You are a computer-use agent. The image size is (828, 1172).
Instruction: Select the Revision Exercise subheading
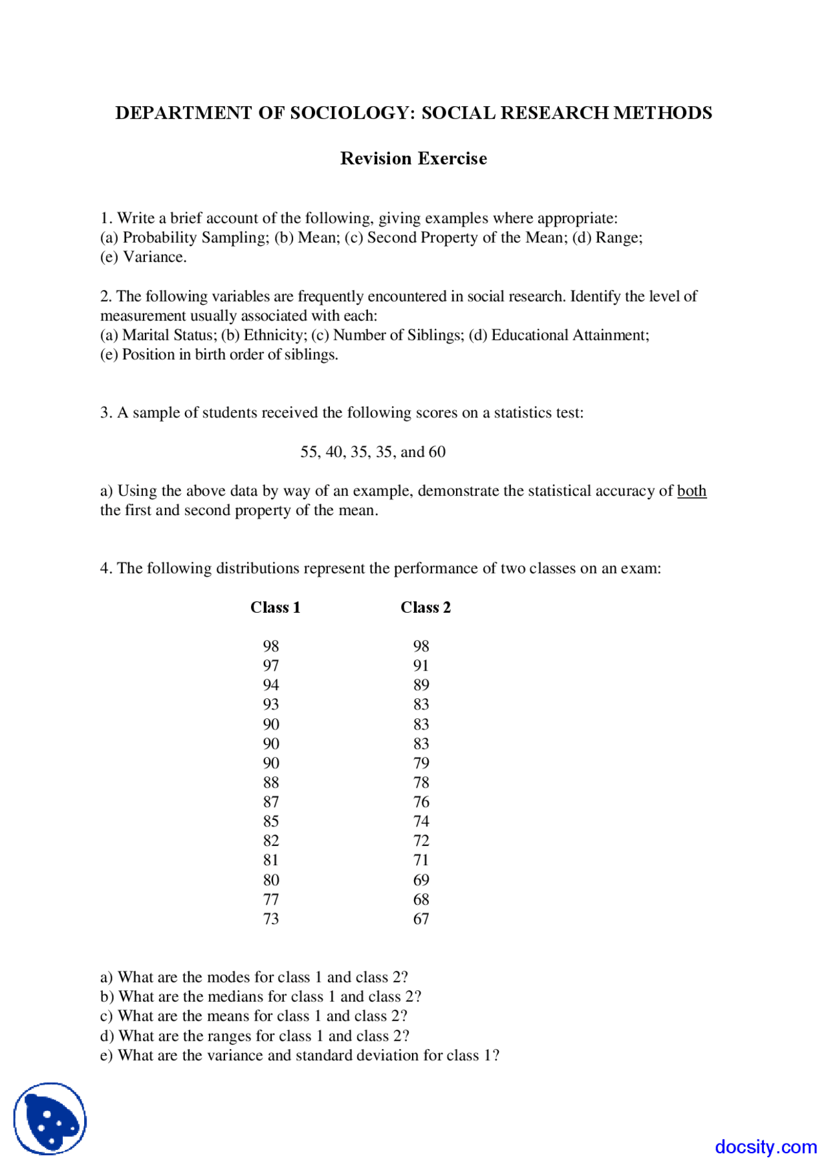pyautogui.click(x=413, y=159)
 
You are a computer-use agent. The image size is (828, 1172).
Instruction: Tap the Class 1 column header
pyautogui.click(x=276, y=607)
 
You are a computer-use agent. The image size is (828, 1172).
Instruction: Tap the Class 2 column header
pyautogui.click(x=426, y=607)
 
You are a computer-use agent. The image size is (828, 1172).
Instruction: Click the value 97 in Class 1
pyautogui.click(x=271, y=665)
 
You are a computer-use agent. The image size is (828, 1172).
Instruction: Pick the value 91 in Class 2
pyautogui.click(x=421, y=665)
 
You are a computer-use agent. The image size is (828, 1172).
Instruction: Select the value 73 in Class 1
pyautogui.click(x=271, y=918)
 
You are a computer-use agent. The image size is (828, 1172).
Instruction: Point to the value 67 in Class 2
pyautogui.click(x=421, y=918)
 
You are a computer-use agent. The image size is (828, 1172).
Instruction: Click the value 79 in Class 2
pyautogui.click(x=421, y=763)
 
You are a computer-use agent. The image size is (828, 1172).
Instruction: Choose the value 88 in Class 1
pyautogui.click(x=271, y=782)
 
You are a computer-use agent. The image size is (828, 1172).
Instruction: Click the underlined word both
pyautogui.click(x=692, y=491)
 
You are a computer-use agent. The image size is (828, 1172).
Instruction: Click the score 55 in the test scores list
pyautogui.click(x=309, y=452)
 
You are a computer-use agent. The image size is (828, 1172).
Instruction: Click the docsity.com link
pyautogui.click(x=766, y=1147)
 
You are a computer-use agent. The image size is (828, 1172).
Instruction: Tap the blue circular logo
pyautogui.click(x=50, y=1119)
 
